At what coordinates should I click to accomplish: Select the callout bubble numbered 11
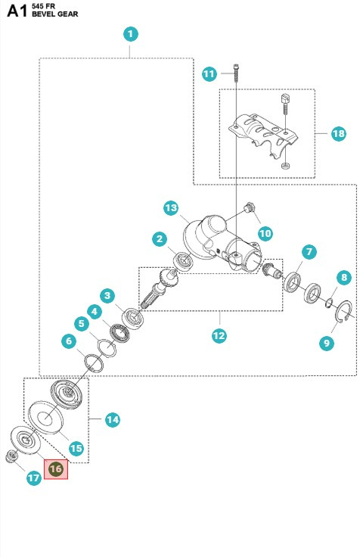click(209, 73)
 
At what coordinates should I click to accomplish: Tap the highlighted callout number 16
click(55, 469)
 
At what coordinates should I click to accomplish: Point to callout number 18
click(337, 134)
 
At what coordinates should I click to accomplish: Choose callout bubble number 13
click(171, 208)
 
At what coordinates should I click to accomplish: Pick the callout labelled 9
click(327, 343)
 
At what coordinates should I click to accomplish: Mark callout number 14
click(112, 419)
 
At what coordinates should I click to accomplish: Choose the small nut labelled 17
click(12, 455)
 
